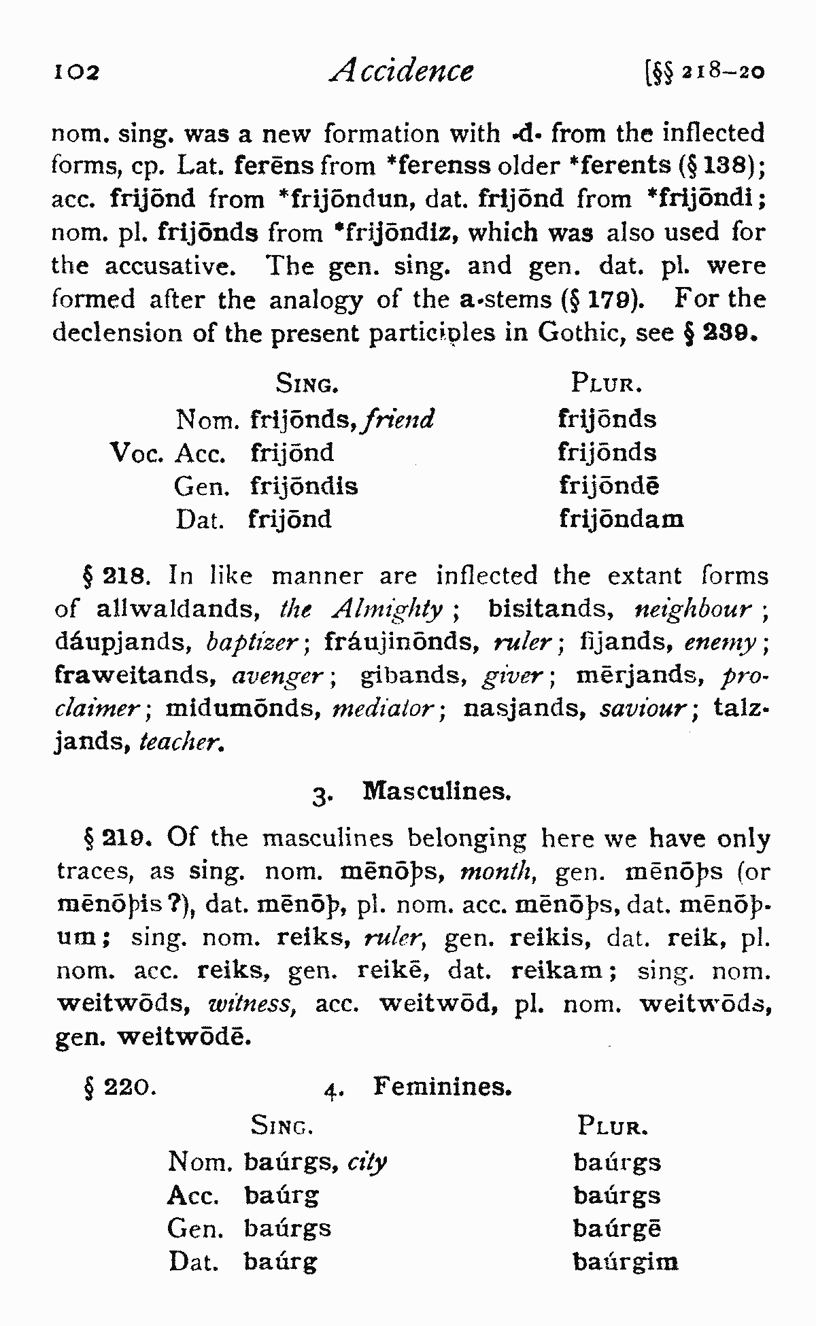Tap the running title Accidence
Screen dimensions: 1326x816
(401, 70)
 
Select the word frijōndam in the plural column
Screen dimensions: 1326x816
(621, 520)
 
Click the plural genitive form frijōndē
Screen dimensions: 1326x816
(609, 486)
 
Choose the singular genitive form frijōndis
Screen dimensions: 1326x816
(304, 486)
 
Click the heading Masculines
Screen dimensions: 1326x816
(437, 792)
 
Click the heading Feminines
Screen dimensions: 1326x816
(442, 1087)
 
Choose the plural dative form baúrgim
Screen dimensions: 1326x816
(626, 1263)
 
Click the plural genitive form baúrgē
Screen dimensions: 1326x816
(617, 1229)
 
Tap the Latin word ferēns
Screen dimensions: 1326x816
(275, 165)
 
